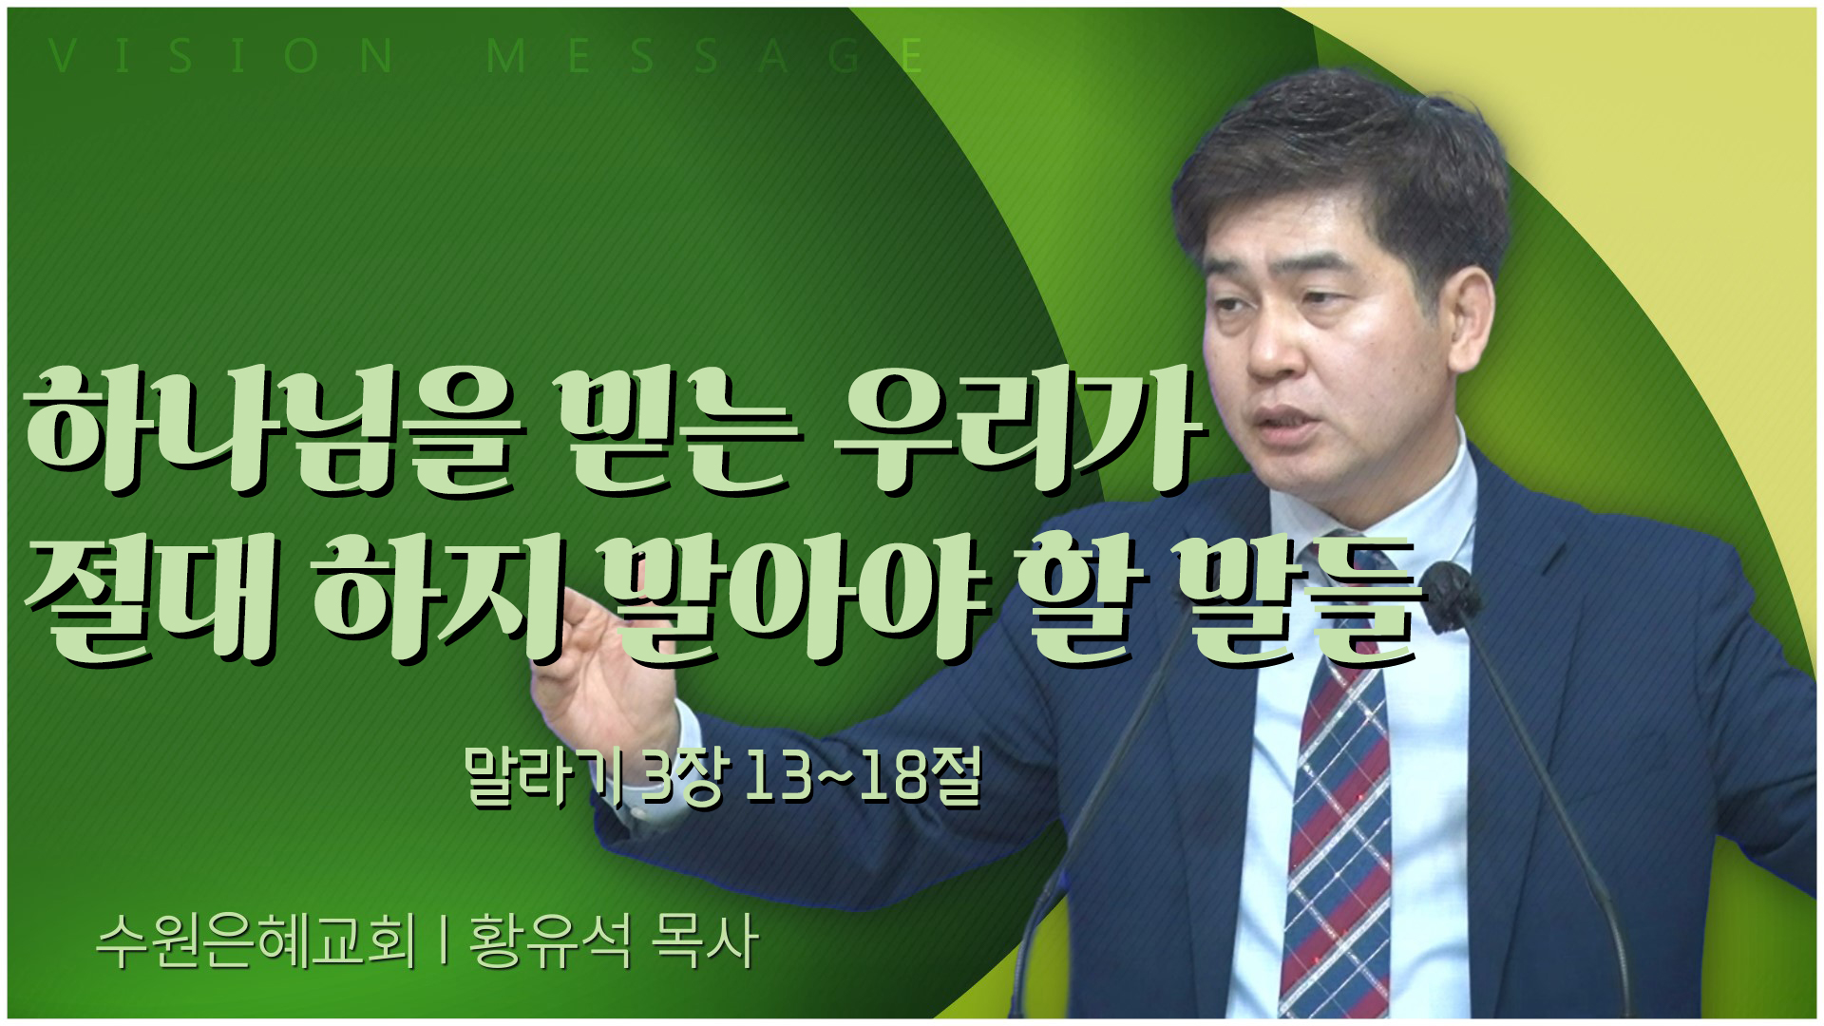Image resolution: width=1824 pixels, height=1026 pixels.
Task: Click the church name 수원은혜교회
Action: [x=256, y=942]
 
